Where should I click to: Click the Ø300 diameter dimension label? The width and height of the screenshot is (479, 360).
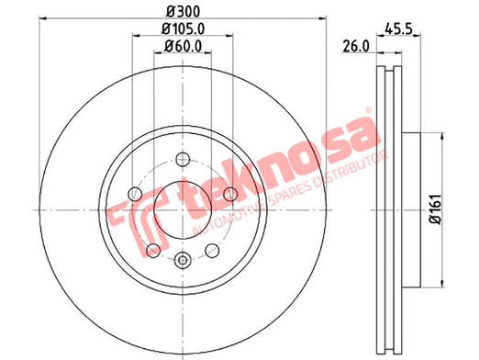(x=183, y=12)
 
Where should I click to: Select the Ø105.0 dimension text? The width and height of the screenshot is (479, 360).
(x=183, y=29)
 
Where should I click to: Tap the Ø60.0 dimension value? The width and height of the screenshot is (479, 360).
(x=183, y=47)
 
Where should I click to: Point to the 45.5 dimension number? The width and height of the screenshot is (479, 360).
(x=398, y=29)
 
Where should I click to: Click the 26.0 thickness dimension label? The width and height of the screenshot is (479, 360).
(x=356, y=47)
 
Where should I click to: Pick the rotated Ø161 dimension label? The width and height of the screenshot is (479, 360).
(x=436, y=209)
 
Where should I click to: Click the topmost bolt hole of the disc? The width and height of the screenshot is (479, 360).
(x=183, y=160)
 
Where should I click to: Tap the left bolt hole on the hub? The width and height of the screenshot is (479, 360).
(x=135, y=194)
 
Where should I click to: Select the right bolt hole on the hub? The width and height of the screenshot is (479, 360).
(x=230, y=194)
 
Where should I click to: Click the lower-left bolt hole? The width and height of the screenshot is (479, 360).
(x=153, y=251)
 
